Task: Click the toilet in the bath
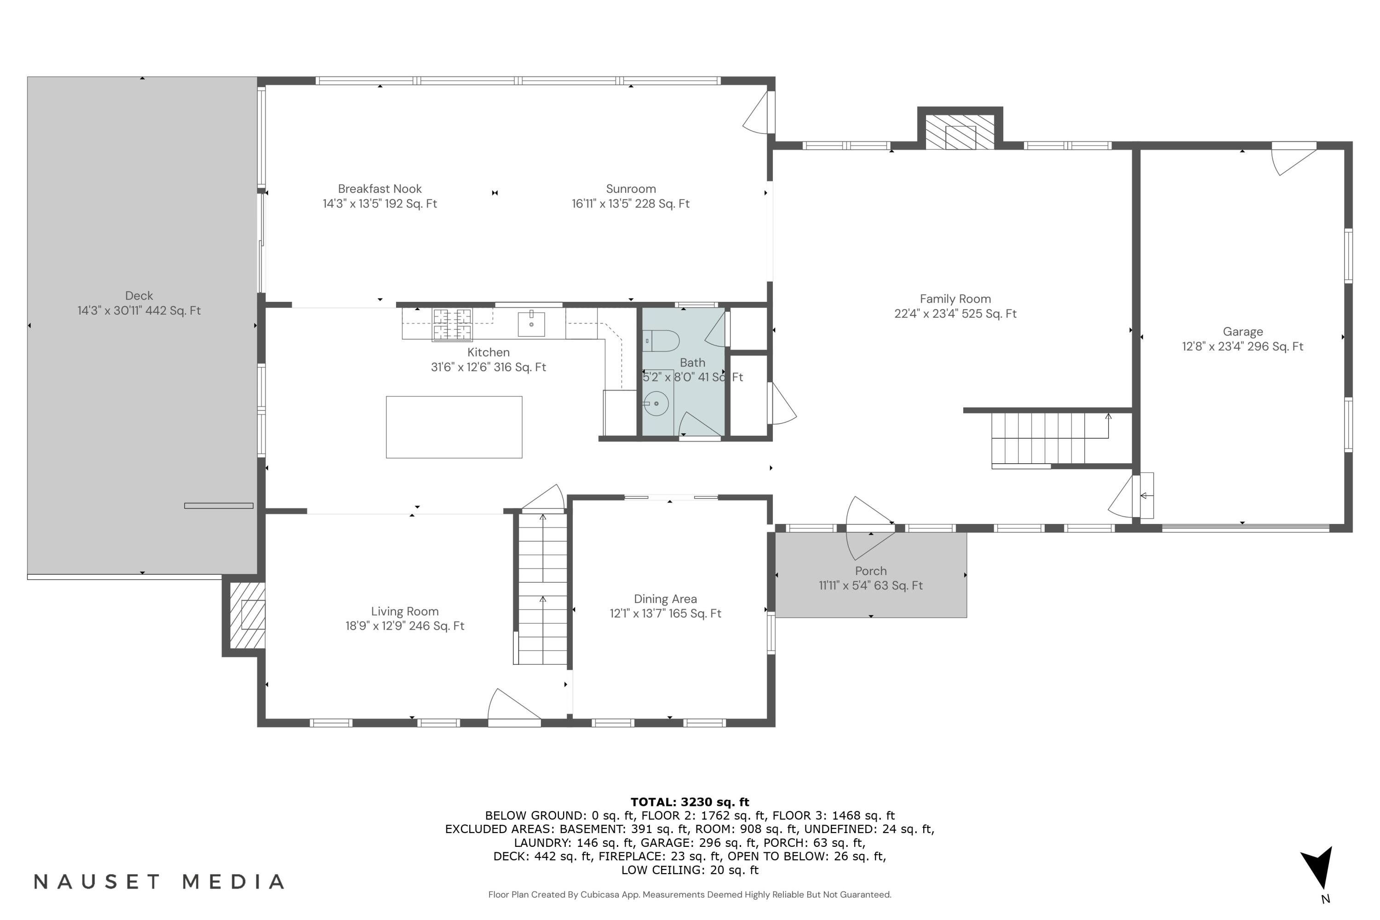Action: (x=662, y=341)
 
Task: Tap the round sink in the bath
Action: (x=656, y=404)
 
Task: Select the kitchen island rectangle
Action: (x=454, y=427)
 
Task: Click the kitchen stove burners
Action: (x=452, y=324)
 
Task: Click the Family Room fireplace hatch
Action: (x=960, y=132)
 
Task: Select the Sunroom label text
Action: (x=631, y=189)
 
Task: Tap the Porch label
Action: (x=871, y=571)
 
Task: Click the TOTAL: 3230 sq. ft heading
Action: (x=690, y=802)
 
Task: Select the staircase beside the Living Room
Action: (x=543, y=590)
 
